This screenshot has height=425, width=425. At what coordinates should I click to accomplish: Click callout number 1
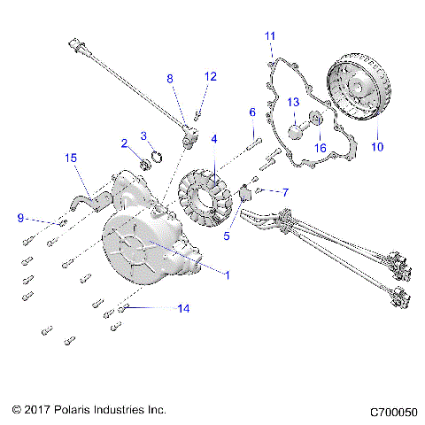pos(228,275)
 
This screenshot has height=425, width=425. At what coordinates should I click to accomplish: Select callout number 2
pos(124,143)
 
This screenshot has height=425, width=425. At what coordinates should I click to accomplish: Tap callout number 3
pos(143,135)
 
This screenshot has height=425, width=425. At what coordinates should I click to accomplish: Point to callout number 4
pos(213,139)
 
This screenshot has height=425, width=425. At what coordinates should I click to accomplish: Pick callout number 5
pos(227,236)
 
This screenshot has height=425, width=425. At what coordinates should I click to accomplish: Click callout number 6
pos(252,112)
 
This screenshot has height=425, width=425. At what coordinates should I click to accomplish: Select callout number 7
pos(285,191)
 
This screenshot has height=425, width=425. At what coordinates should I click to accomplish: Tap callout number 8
pos(170,79)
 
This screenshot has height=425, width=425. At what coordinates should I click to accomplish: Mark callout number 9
pos(20,217)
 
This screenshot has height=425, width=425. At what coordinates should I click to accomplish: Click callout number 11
pos(270,35)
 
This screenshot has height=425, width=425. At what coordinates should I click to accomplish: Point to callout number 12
pos(210,76)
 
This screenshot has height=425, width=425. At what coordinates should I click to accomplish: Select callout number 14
pos(183,309)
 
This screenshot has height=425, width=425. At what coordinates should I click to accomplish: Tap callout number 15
pos(70,158)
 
